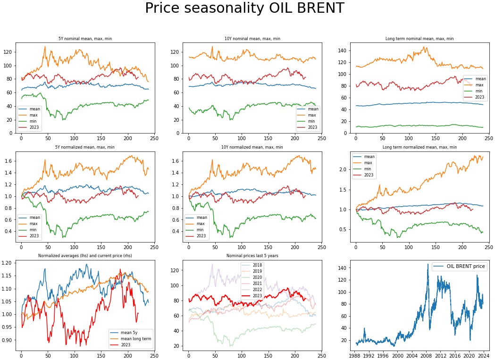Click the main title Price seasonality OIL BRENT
[x=244, y=8]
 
